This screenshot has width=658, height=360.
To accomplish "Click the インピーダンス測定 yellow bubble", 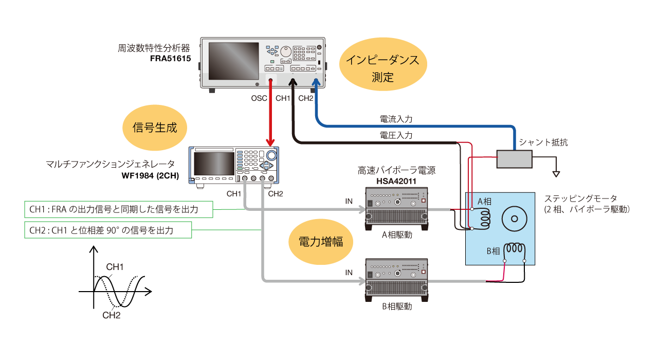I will [383, 68].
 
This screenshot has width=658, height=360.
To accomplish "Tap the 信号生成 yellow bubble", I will [155, 128].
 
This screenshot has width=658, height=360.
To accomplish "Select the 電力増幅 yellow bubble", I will [321, 242].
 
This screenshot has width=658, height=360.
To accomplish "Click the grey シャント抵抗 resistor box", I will [514, 159].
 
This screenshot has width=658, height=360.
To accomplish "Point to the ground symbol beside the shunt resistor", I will [556, 174].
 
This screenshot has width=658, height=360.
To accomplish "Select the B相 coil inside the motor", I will [515, 250].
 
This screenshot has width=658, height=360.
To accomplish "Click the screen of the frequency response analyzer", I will [233, 61].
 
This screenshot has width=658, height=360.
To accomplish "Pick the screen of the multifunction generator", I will [214, 163].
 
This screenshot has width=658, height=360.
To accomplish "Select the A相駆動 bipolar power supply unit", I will [397, 206].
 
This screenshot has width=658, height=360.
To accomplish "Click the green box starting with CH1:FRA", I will [119, 209].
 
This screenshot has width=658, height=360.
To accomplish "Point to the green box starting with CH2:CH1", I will [108, 230].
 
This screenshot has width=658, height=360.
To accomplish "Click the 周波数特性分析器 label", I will [154, 48].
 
